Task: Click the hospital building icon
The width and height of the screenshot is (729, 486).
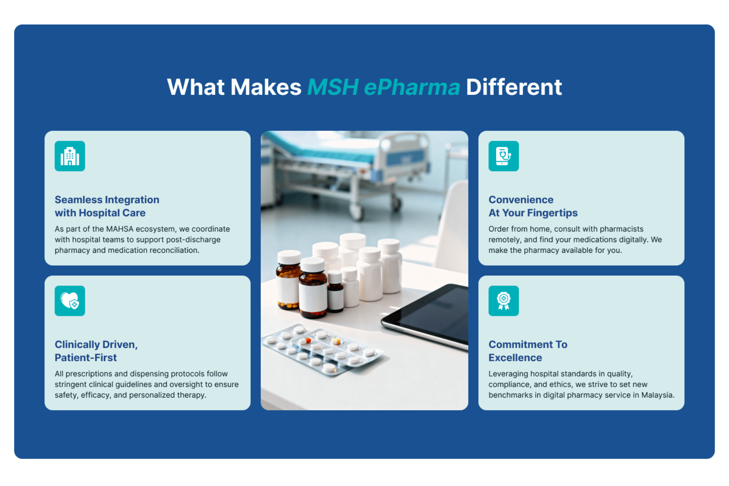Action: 70,156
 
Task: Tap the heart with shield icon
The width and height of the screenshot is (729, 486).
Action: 70,301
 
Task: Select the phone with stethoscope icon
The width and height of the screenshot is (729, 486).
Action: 504,156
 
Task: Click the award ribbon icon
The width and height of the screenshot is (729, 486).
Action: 504,301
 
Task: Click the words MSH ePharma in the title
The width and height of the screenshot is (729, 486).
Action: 384,87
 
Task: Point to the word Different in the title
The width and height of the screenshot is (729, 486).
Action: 514,87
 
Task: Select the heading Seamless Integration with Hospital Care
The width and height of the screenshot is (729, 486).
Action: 107,206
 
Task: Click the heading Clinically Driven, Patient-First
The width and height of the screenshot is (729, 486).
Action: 96,351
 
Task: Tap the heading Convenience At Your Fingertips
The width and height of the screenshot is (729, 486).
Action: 533,206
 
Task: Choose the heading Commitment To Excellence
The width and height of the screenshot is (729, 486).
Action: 528,351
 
